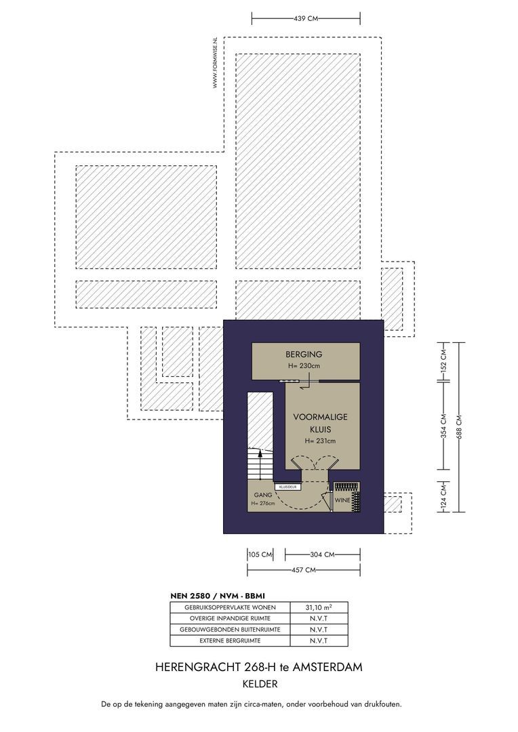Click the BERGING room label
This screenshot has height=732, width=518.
pyautogui.click(x=303, y=354)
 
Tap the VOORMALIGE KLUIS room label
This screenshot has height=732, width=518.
pyautogui.click(x=320, y=423)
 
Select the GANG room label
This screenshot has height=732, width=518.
pyautogui.click(x=262, y=495)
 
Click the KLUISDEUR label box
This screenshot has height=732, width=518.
pyautogui.click(x=287, y=487)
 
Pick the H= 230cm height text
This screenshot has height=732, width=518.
pyautogui.click(x=303, y=367)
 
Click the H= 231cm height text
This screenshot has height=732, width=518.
pyautogui.click(x=320, y=441)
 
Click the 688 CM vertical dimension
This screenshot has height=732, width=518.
pyautogui.click(x=461, y=427)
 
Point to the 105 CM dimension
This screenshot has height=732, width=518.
pyautogui.click(x=260, y=554)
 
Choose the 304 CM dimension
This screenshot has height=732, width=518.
pyautogui.click(x=322, y=554)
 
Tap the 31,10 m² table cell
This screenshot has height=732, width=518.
pyautogui.click(x=319, y=607)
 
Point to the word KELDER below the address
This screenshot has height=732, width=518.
pyautogui.click(x=258, y=685)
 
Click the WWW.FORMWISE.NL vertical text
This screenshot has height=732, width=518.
pyautogui.click(x=215, y=62)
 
